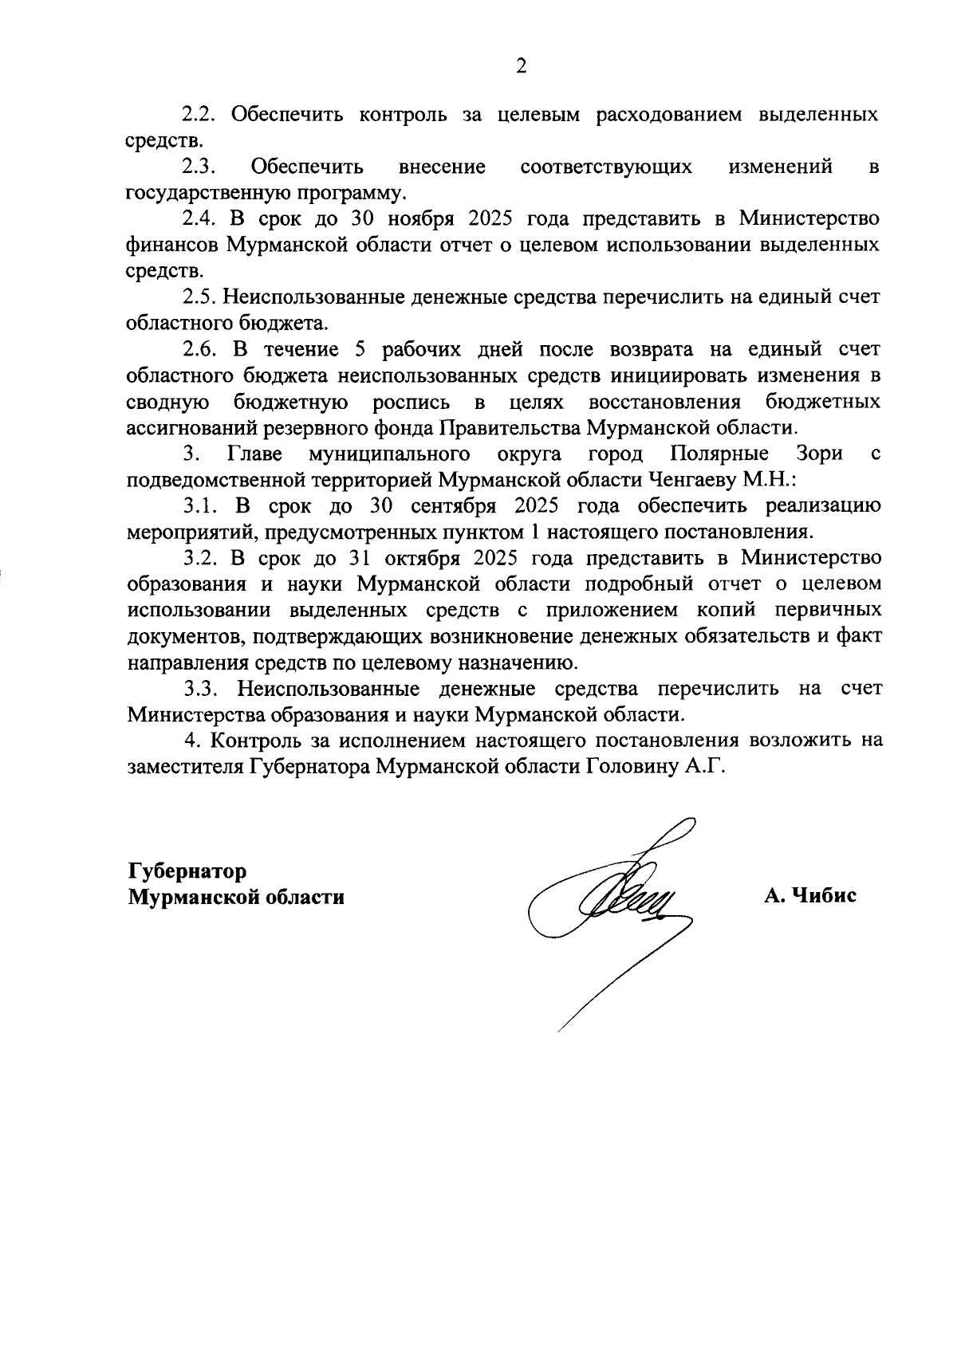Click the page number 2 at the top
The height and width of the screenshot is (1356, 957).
tap(521, 67)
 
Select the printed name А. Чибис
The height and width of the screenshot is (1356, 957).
tap(810, 896)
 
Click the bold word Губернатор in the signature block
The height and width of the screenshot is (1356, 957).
tap(187, 871)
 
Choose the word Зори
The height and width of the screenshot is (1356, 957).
tap(820, 454)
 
